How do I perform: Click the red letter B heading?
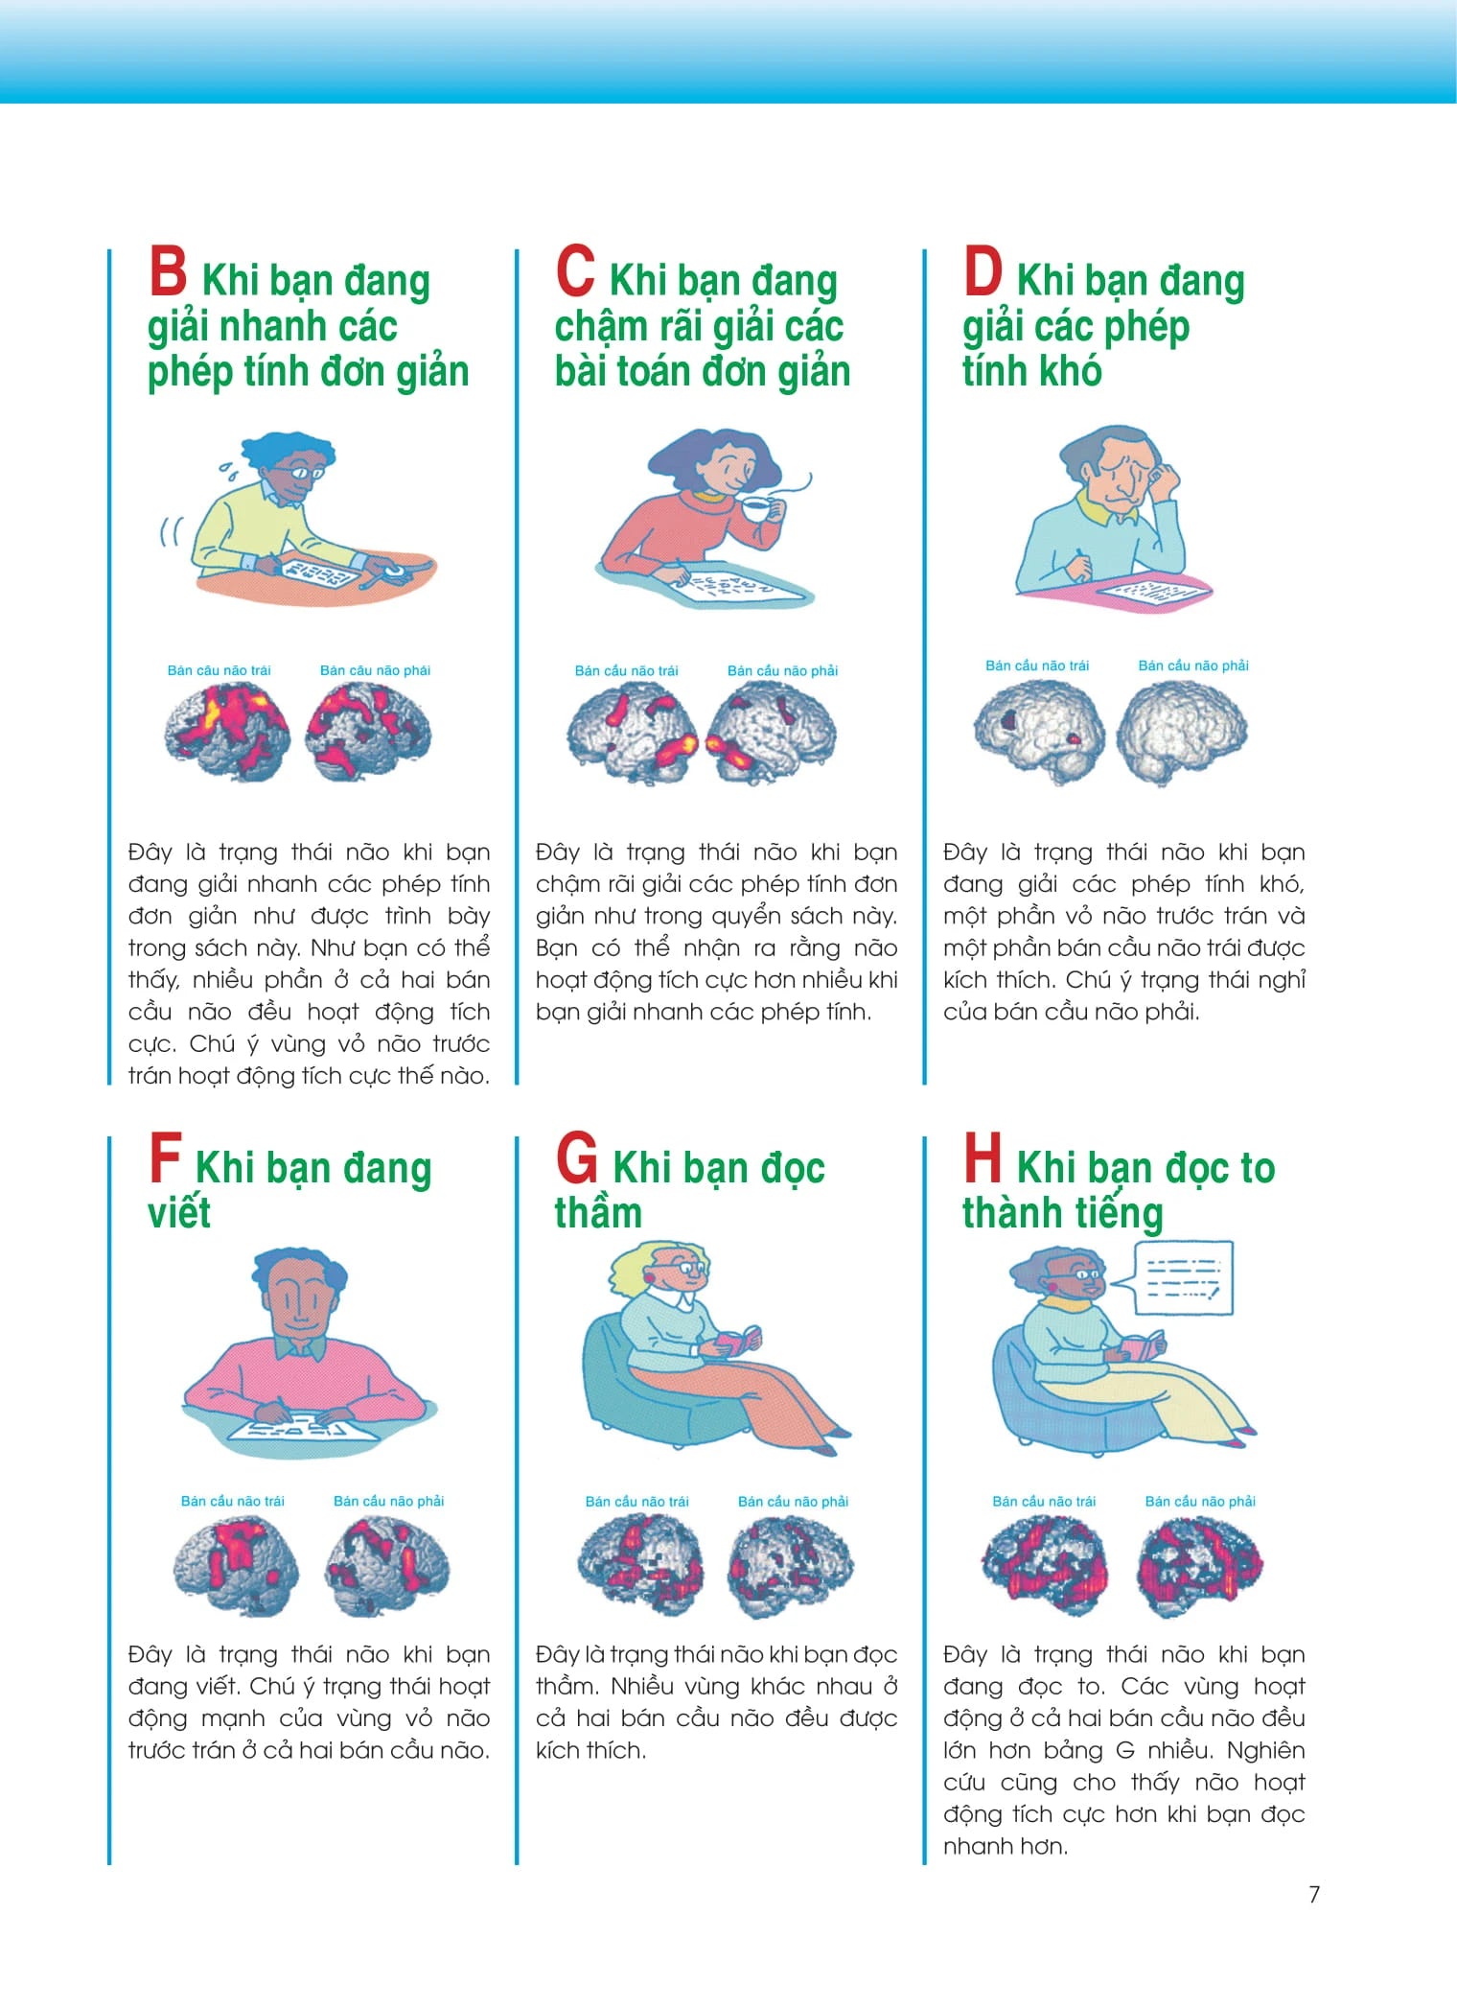[x=168, y=271]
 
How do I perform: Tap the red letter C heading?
[x=575, y=271]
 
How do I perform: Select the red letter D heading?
[x=983, y=271]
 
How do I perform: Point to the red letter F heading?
[x=165, y=1157]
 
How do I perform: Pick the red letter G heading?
[x=577, y=1158]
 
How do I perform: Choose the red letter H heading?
[x=983, y=1157]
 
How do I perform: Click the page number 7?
[x=1314, y=1894]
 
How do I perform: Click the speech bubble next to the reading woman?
[x=1182, y=1278]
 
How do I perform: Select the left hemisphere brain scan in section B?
[x=226, y=732]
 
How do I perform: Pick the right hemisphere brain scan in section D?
[x=1183, y=731]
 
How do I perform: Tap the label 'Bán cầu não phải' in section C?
[x=782, y=670]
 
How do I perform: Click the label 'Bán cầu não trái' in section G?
[x=637, y=1501]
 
